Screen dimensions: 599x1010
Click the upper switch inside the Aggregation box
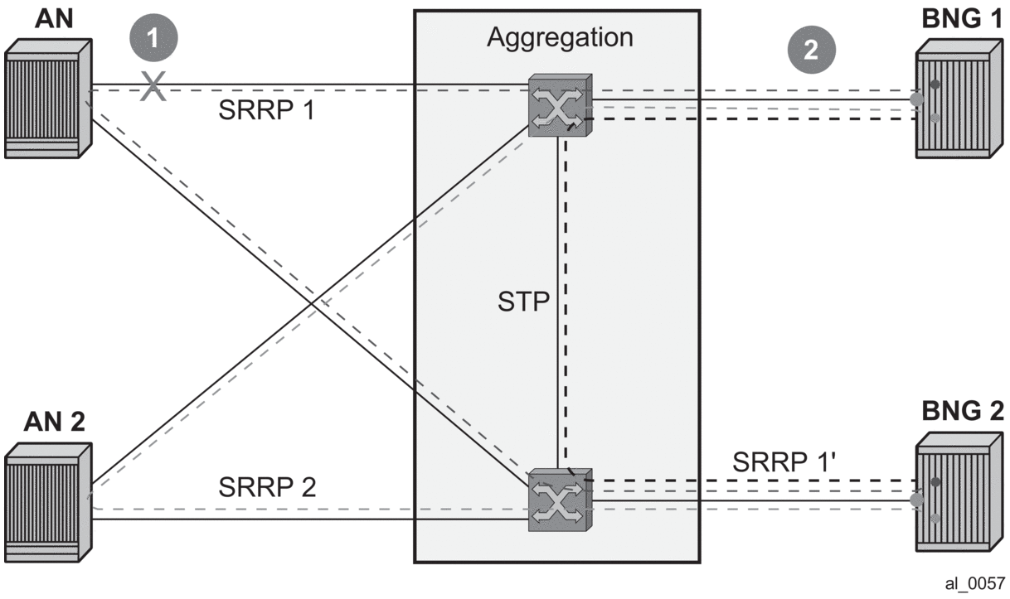tap(561, 106)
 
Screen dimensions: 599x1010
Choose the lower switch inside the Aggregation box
tap(561, 499)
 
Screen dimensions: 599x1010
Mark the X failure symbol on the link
tap(153, 85)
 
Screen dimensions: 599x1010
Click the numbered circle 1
tap(153, 39)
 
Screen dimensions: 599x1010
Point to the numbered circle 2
tap(811, 51)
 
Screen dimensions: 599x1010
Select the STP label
tap(524, 302)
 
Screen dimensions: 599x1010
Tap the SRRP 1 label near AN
tap(266, 110)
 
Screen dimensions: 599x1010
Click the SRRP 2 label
tap(267, 488)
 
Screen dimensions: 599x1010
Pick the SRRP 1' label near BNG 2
tap(787, 461)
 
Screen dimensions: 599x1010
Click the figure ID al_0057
tap(975, 583)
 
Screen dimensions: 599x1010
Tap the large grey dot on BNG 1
tap(916, 99)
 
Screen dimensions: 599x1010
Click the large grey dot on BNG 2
tap(916, 500)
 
